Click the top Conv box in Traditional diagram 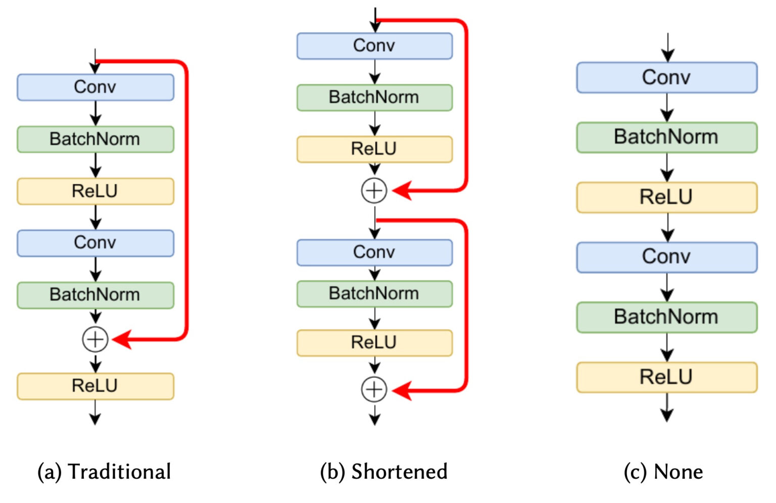point(95,87)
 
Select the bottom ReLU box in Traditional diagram point(95,386)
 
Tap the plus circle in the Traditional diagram point(95,339)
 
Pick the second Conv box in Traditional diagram point(95,243)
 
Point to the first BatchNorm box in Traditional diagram point(95,139)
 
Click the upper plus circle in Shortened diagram point(374,191)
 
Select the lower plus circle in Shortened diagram point(374,389)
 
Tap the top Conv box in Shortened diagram point(374,46)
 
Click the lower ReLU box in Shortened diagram point(374,343)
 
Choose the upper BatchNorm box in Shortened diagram point(374,97)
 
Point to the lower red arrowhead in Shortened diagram point(402,390)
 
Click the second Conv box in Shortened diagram point(374,253)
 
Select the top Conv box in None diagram point(667,78)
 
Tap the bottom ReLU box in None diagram point(667,377)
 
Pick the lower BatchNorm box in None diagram point(667,317)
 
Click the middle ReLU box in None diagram point(667,197)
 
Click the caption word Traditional point(119,472)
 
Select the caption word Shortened point(399,472)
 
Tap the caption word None point(678,472)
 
